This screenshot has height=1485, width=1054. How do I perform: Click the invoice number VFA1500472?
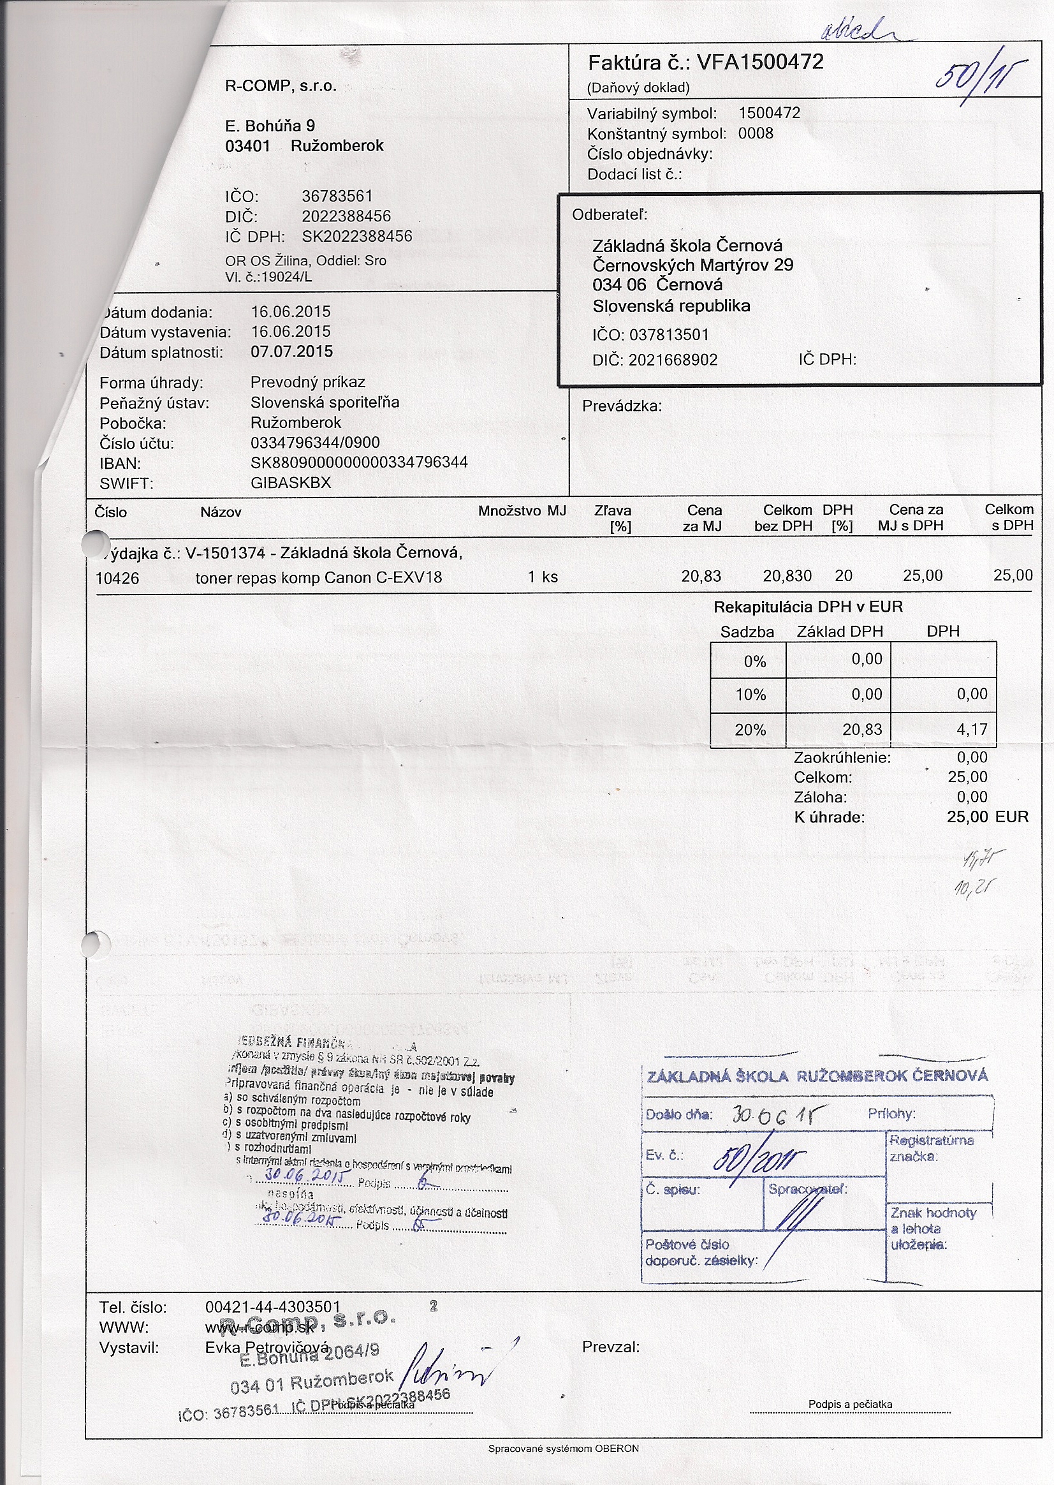pos(759,63)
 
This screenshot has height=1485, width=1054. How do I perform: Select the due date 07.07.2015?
pos(291,352)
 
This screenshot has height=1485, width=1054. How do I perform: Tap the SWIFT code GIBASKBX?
pos(291,483)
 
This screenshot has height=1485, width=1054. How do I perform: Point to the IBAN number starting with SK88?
pos(359,463)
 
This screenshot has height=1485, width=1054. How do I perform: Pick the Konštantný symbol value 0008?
pos(756,134)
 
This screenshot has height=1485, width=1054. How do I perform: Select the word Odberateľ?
pos(610,215)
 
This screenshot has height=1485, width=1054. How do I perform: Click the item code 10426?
pos(117,579)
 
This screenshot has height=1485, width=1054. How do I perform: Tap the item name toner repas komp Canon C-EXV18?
pos(319,577)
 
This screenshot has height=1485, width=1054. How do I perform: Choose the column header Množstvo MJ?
pos(522,511)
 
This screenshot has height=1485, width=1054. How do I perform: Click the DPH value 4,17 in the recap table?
pos(972,730)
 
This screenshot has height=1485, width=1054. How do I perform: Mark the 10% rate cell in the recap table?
pos(750,695)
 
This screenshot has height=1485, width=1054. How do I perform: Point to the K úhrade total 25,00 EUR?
pos(987,817)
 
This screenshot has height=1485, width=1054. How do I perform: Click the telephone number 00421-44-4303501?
pos(273,1307)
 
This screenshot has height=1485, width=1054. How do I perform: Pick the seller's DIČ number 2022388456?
pos(346,216)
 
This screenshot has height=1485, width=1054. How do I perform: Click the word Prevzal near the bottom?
pos(610,1347)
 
